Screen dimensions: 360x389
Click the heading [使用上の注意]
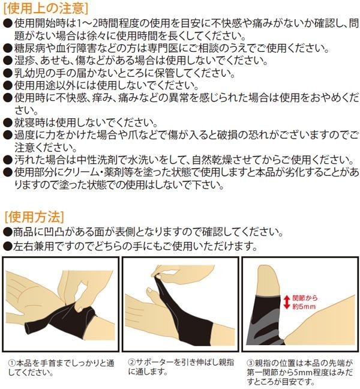click(46, 8)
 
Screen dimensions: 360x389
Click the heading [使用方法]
click(34, 217)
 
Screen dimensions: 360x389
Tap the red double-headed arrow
click(287, 302)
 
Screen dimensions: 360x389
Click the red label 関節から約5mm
click(304, 302)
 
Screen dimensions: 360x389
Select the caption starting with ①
click(61, 367)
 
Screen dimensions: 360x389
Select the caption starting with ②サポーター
click(181, 367)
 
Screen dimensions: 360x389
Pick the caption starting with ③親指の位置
click(300, 372)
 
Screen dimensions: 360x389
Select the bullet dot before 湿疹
click(8, 61)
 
